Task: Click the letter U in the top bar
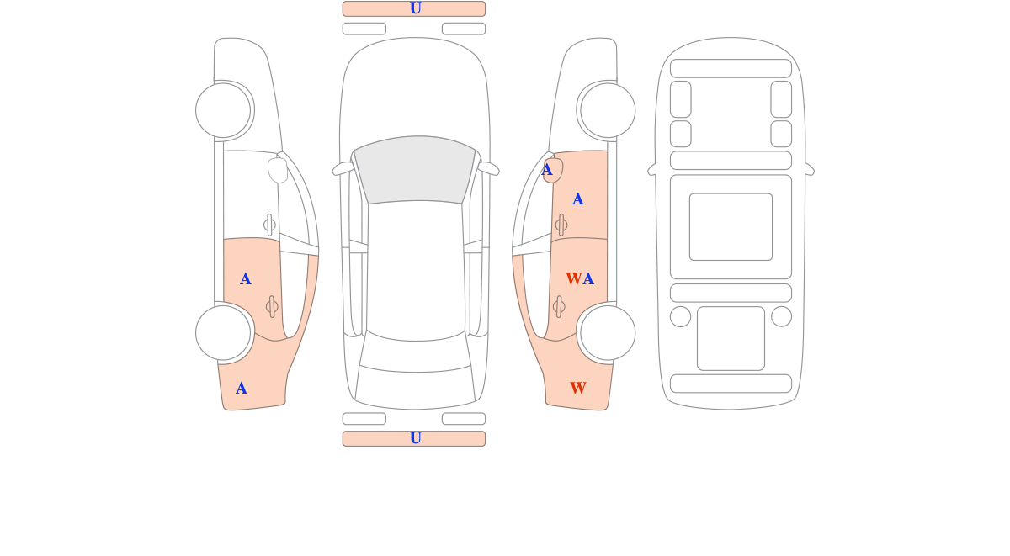point(415,8)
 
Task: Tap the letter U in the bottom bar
point(415,437)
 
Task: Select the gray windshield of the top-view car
point(415,170)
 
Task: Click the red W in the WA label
point(573,278)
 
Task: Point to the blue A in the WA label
point(588,279)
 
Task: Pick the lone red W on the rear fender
point(578,388)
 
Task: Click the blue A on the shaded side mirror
point(547,170)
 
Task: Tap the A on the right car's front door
point(577,199)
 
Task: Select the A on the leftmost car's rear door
point(245,279)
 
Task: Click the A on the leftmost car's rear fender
point(242,388)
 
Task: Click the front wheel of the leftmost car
point(223,110)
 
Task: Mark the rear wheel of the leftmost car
point(223,333)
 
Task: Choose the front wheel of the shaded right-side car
point(608,110)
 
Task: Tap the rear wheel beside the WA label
point(608,333)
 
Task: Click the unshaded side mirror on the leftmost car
point(278,170)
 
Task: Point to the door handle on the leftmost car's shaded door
point(272,306)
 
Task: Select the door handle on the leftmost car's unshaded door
point(269,225)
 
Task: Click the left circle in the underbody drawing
point(680,316)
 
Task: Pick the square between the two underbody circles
point(731,338)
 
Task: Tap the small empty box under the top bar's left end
point(364,29)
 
